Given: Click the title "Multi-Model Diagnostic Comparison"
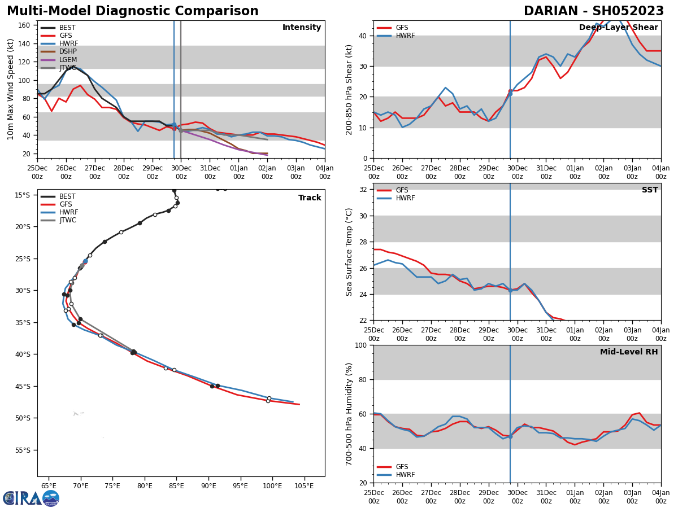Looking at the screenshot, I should [132, 11].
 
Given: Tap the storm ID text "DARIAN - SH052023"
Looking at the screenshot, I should [593, 11].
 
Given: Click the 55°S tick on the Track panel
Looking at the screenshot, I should [23, 450].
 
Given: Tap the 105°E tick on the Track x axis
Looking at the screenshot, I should [304, 486].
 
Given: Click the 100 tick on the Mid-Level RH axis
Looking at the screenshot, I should [361, 345].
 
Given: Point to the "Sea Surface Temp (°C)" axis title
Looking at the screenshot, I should [350, 252].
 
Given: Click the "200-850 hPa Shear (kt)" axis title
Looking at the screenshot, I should [350, 89].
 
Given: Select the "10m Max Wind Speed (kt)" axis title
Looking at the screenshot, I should [11, 89].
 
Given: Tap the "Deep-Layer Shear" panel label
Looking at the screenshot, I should [618, 28].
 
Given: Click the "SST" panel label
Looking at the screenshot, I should [650, 190].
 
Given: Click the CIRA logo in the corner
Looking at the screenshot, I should [31, 498].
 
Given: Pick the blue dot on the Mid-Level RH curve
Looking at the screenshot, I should [510, 436].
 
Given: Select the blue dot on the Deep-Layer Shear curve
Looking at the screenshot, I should [510, 93].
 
